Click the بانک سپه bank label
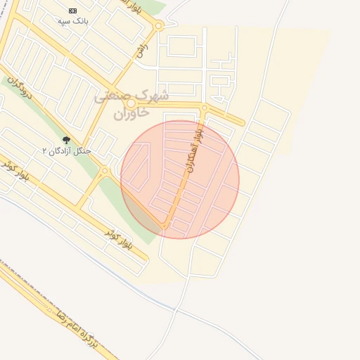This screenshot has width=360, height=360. coord(73,22)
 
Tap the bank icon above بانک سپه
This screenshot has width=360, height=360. coord(73,11)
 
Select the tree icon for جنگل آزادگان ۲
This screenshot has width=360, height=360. coord(67,141)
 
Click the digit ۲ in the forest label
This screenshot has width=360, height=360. coord(45,150)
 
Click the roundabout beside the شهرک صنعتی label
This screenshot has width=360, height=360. coord(131,103)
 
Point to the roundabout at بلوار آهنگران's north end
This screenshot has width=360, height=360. coord(204,108)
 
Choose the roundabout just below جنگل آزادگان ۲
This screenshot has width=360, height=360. coord(105,170)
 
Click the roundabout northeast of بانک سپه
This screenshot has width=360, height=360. coord(159,26)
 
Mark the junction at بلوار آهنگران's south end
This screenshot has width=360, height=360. coord(166,226)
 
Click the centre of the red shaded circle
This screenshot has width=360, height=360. coord(180,180)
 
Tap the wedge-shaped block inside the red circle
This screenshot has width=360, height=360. coord(139,167)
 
